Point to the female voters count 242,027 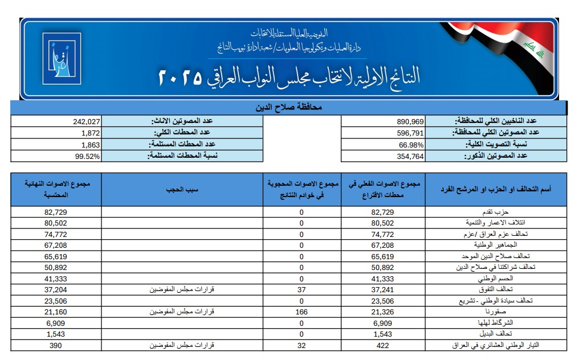tap(87, 121)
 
